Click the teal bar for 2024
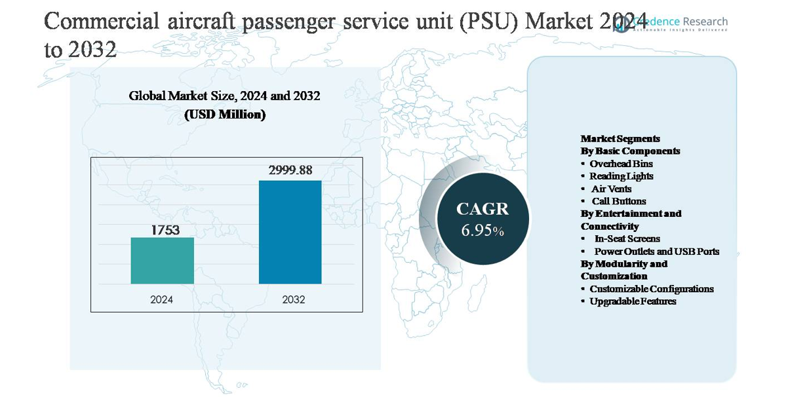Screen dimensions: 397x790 click(162, 260)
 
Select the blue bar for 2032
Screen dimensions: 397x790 click(290, 232)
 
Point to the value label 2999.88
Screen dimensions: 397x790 click(290, 170)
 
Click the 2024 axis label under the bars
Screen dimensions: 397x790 click(162, 299)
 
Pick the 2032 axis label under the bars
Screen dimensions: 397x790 click(293, 299)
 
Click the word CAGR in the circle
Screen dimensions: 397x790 click(482, 209)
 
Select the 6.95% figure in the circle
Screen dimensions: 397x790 click(482, 231)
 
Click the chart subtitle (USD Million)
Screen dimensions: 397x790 click(224, 115)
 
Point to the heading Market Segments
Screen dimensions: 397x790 click(620, 139)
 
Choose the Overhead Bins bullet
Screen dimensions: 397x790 click(621, 164)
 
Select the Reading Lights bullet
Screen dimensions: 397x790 click(621, 176)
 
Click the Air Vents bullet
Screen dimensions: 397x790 click(611, 189)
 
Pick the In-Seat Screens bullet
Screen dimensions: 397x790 click(627, 239)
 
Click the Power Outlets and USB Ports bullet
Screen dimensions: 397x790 click(656, 252)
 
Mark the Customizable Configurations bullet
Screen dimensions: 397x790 click(651, 289)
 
